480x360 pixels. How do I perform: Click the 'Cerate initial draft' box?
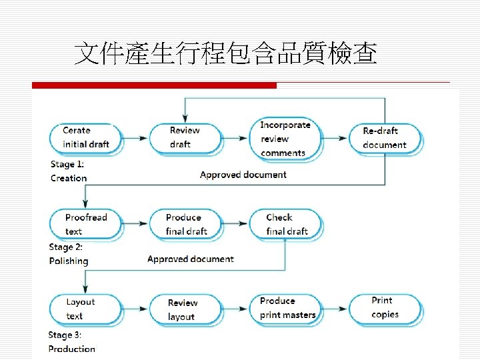coord(85,137)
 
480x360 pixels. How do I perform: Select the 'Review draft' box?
coord(184,137)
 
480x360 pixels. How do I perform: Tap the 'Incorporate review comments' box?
coord(285,139)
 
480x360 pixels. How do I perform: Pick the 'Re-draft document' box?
coord(386,138)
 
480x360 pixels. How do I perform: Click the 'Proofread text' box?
coord(85,224)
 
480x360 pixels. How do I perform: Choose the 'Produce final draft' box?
coord(185,224)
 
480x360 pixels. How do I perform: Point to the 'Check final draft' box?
coord(285,224)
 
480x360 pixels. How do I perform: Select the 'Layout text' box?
coord(85,309)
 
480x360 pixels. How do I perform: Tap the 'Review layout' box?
coord(184,309)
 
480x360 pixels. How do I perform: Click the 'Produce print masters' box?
coord(287,308)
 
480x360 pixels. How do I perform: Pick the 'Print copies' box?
coord(385,308)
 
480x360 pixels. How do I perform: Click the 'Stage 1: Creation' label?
coord(69,171)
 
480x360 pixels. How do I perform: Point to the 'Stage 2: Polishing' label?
coord(69,254)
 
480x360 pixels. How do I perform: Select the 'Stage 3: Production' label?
coord(71,341)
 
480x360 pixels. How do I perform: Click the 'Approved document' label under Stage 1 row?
coord(243,175)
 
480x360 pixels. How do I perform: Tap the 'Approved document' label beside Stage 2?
coord(191,259)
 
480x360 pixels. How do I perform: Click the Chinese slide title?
coord(225,53)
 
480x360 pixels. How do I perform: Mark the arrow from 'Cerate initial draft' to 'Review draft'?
coord(135,138)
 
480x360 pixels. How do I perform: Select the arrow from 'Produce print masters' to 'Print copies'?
coord(335,309)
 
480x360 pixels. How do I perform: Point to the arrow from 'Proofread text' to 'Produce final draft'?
coord(135,225)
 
